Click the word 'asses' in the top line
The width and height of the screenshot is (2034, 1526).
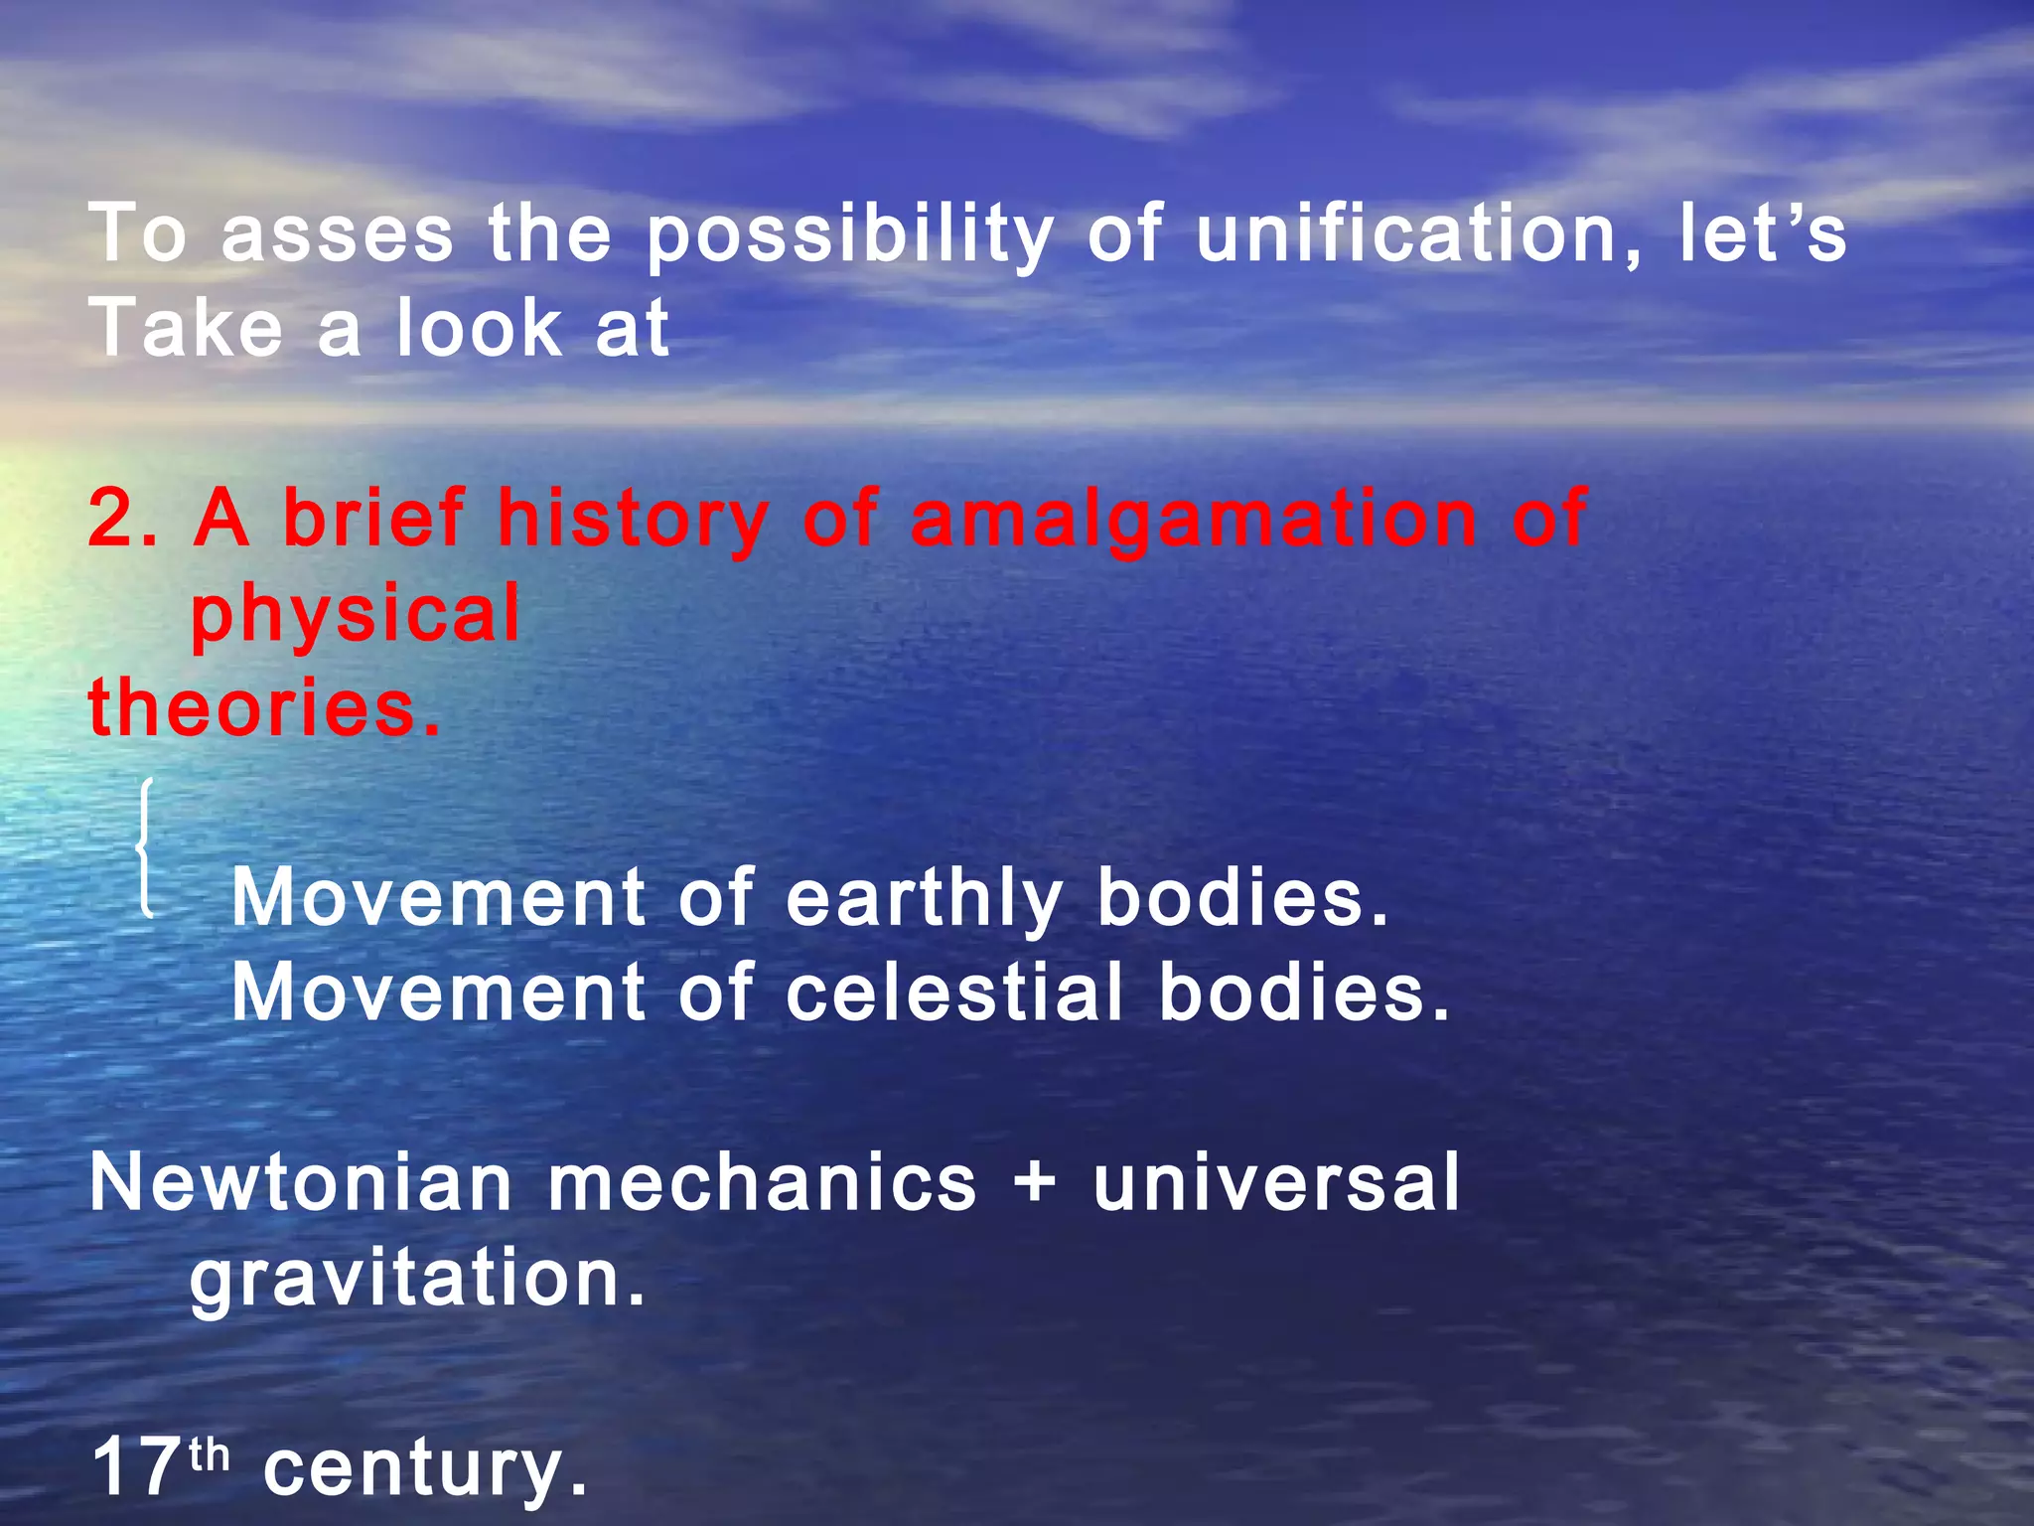point(337,234)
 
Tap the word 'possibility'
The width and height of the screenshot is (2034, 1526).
point(849,234)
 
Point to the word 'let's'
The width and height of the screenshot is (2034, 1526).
point(1762,234)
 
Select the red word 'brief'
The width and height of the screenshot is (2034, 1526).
point(373,519)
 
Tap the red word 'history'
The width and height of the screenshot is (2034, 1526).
point(633,519)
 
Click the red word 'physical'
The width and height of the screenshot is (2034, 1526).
point(356,614)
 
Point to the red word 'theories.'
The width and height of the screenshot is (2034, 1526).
point(264,707)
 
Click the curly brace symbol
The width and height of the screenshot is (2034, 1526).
point(145,847)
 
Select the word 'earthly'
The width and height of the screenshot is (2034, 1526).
point(924,897)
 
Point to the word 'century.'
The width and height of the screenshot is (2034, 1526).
point(426,1467)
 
